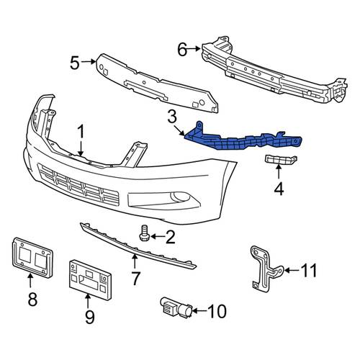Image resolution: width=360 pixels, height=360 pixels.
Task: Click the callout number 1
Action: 81,132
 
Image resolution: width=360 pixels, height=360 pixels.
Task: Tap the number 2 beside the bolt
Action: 170,237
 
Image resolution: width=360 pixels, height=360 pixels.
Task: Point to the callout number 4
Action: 279,189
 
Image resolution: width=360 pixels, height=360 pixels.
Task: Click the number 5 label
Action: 75,63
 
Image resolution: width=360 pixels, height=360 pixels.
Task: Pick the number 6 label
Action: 182,50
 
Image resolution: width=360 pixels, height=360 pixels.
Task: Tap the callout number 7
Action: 135,279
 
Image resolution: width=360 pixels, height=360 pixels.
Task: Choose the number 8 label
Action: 32,299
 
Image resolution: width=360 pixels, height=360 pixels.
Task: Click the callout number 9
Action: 90,317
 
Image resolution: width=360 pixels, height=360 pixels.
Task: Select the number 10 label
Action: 216,311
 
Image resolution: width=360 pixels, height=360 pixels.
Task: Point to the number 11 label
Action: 309,271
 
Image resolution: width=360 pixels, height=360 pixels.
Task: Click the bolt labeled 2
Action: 144,233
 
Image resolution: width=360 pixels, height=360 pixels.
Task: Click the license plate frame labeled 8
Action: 32,257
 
